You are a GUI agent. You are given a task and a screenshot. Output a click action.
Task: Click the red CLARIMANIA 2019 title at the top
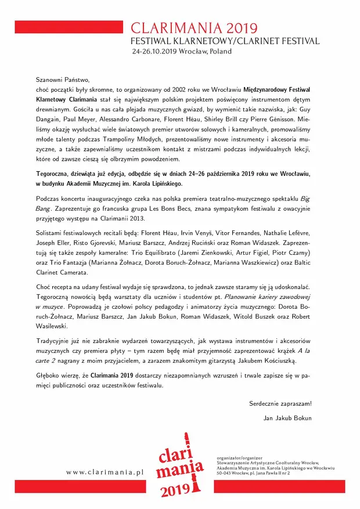point(194,28)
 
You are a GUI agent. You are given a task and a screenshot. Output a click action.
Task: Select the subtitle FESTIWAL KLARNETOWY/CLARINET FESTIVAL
point(225,41)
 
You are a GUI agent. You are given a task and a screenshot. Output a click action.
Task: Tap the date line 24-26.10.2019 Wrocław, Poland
point(182,52)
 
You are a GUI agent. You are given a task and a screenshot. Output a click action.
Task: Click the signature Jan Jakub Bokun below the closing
point(287,418)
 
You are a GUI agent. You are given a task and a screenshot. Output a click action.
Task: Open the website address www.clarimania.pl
point(105,472)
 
